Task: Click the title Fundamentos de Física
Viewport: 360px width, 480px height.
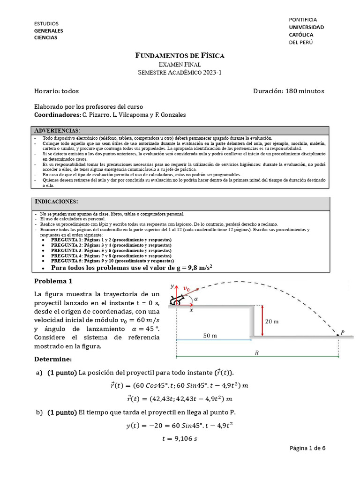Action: click(180, 56)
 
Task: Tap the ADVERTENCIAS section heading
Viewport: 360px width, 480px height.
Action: click(57, 130)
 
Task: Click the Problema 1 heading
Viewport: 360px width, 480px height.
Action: click(54, 281)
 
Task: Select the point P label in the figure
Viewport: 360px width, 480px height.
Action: click(343, 332)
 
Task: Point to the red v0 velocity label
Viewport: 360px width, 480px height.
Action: click(187, 289)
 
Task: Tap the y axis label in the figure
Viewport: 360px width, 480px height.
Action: click(172, 285)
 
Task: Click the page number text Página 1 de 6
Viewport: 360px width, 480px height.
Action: click(307, 448)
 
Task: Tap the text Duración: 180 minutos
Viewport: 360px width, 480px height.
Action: click(288, 91)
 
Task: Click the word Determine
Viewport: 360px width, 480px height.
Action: click(53, 359)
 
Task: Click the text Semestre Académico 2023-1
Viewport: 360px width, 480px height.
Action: click(180, 72)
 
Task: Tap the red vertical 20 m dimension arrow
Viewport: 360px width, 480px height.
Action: click(263, 321)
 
